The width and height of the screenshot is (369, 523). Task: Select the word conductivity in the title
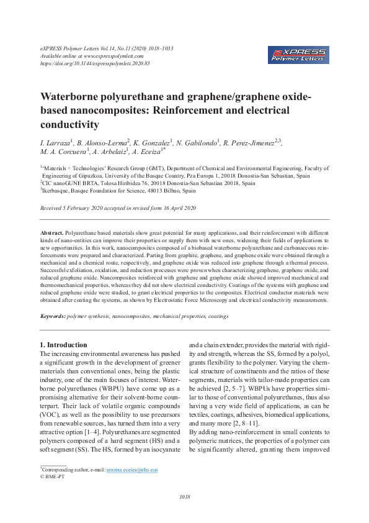tap(70, 124)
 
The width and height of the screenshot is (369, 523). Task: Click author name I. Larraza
tap(56, 143)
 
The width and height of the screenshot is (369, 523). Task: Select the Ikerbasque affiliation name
tap(56, 191)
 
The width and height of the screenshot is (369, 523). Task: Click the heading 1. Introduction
tap(63, 345)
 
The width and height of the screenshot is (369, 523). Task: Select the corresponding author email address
tap(132, 470)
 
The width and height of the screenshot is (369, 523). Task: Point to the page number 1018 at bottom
tap(184, 496)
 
